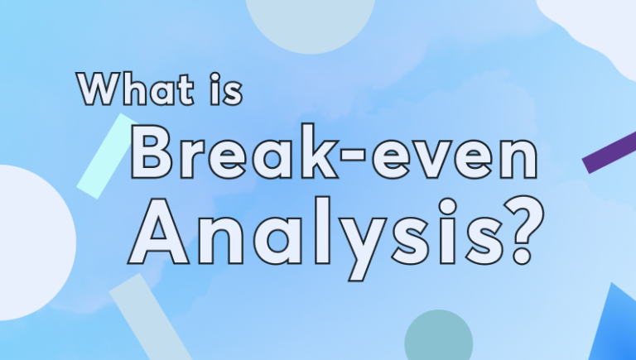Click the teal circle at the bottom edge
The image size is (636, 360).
(x=438, y=338)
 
